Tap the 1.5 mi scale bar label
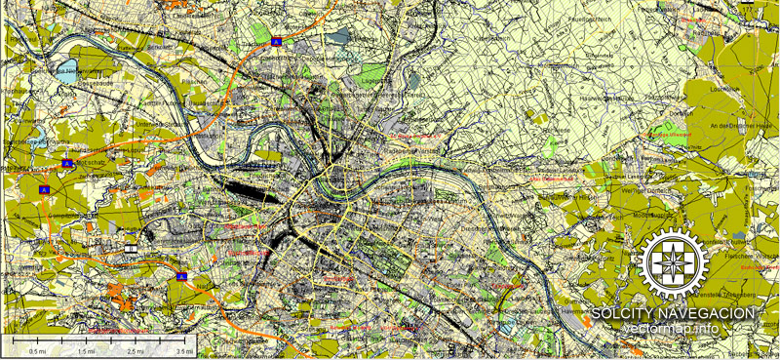click(87, 351)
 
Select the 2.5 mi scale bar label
click(135, 351)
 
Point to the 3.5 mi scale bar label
click(183, 351)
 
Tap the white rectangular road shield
click(131, 250)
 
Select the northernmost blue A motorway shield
click(277, 42)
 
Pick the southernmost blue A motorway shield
click(181, 277)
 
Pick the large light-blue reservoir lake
click(68, 70)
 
